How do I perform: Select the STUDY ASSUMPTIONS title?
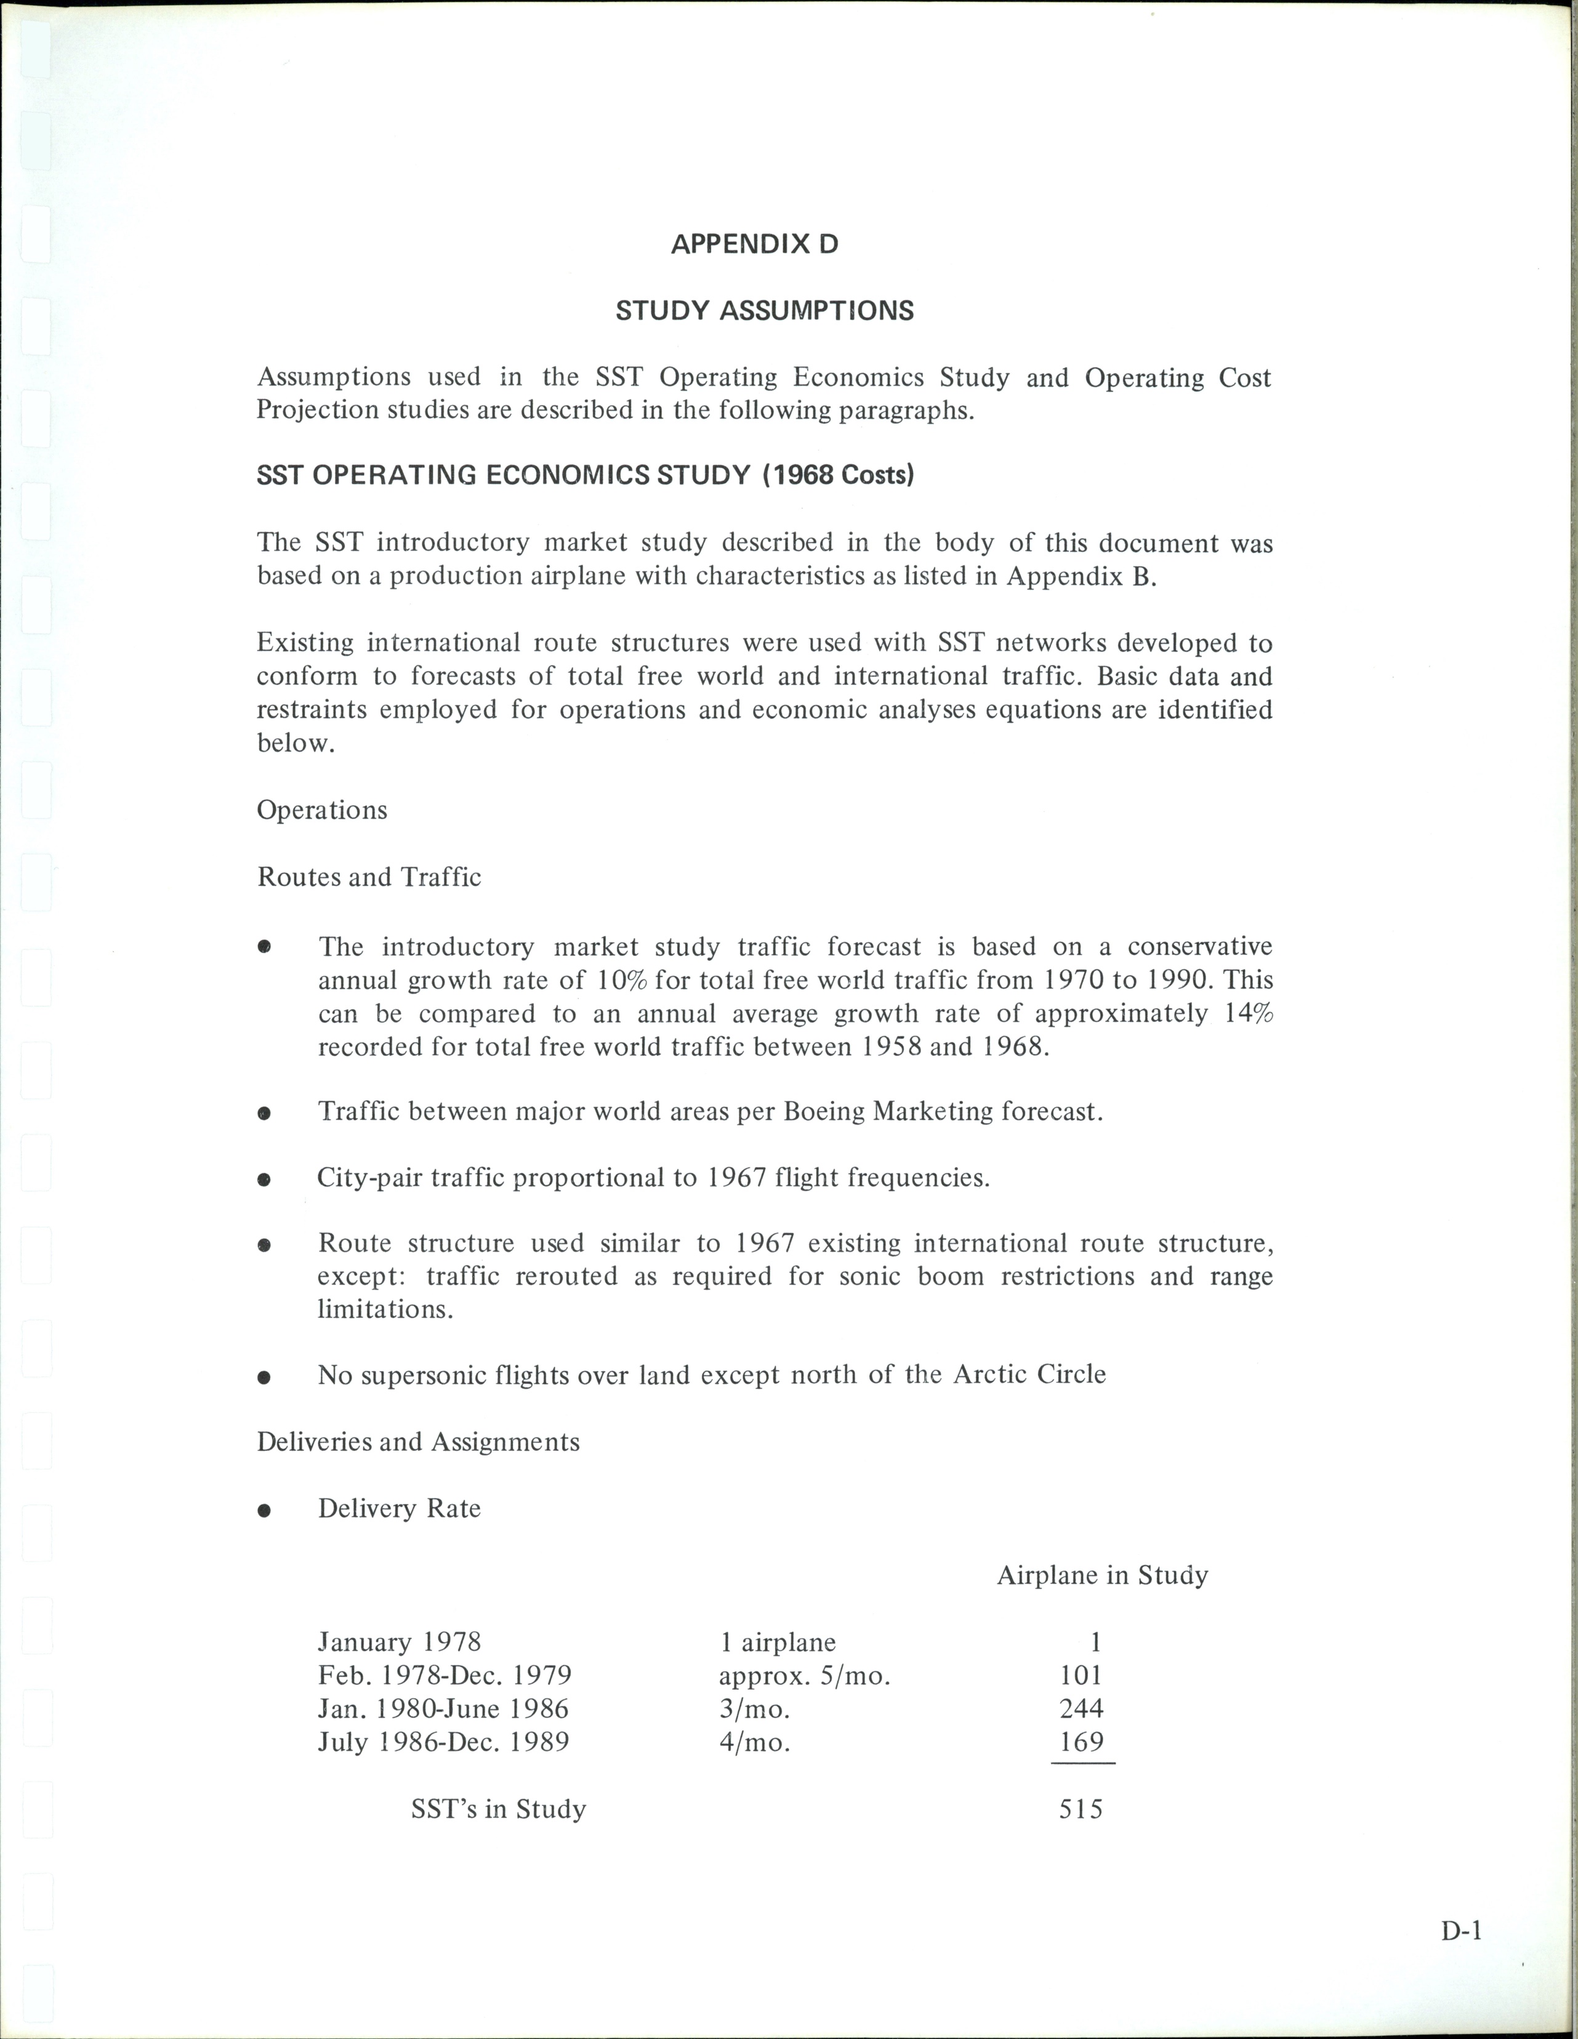click(764, 311)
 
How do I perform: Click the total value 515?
click(1081, 1808)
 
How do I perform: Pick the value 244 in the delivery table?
click(1081, 1708)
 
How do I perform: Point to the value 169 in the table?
click(1081, 1741)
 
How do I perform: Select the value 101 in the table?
click(1081, 1675)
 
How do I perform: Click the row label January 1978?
click(400, 1641)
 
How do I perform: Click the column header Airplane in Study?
click(1102, 1575)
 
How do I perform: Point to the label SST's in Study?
click(499, 1808)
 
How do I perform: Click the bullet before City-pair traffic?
click(264, 1179)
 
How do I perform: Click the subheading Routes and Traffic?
click(369, 877)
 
